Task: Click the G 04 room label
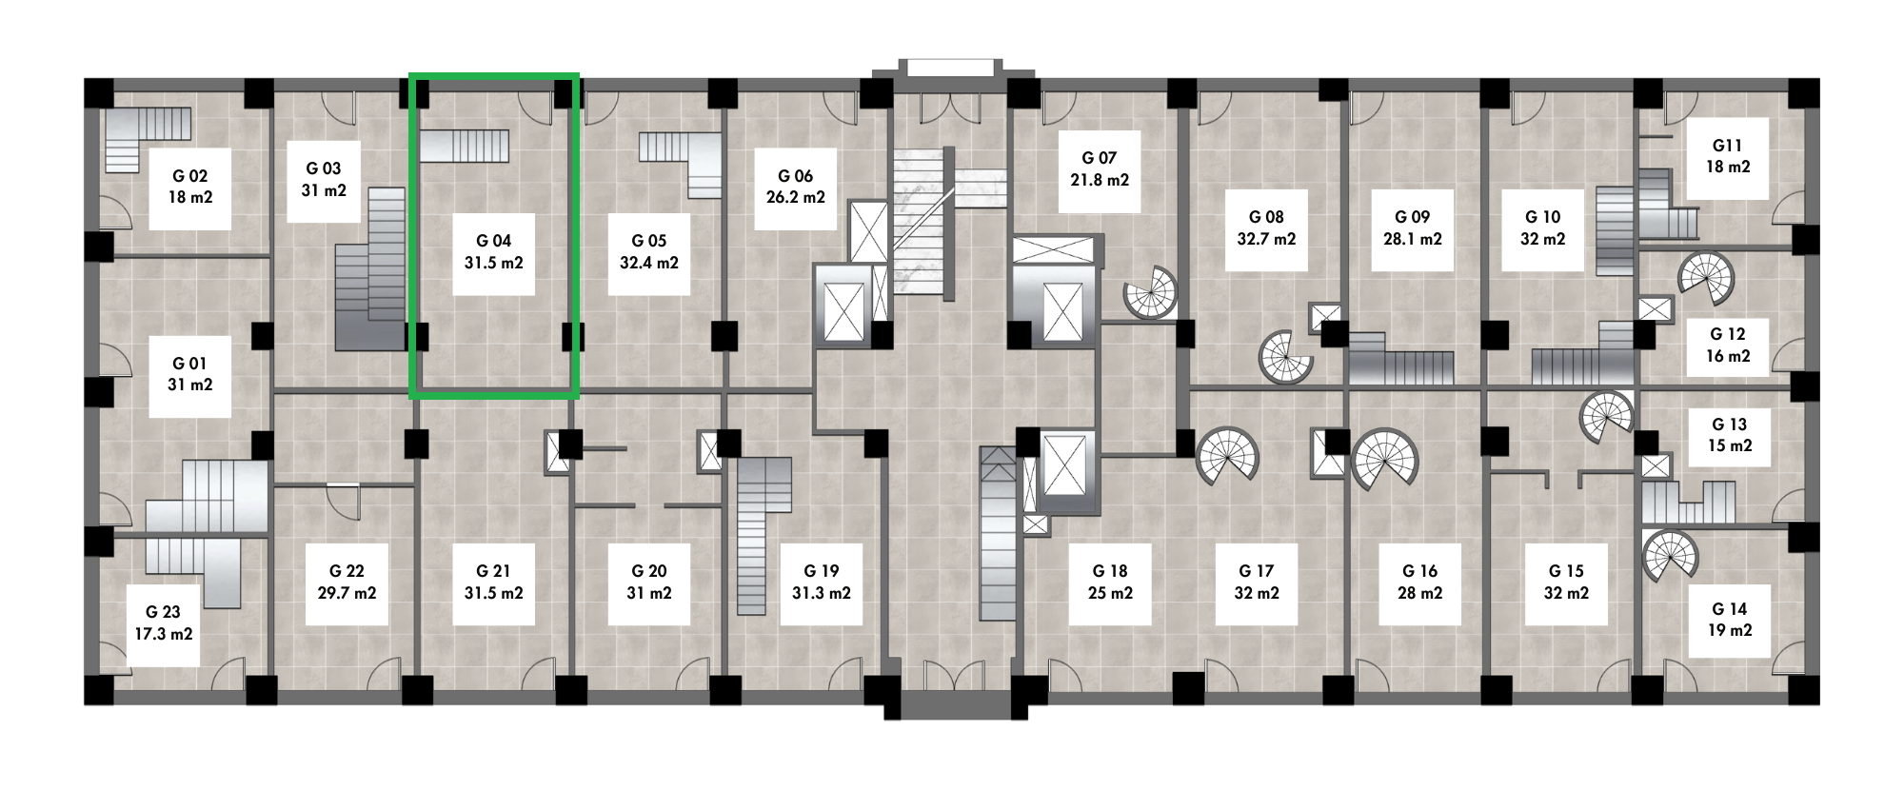493,252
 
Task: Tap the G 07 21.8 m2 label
1100,169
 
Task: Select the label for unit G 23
164,623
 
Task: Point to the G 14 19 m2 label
1729,620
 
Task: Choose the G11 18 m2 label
1728,157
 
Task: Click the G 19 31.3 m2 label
822,583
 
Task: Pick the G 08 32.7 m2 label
1266,228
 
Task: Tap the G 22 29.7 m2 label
347,583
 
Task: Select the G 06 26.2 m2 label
796,188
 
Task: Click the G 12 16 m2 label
1728,346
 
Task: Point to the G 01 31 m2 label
190,375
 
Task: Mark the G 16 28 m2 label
1419,583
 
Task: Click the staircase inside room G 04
465,146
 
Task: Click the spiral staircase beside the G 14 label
1670,555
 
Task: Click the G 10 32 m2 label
1542,228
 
